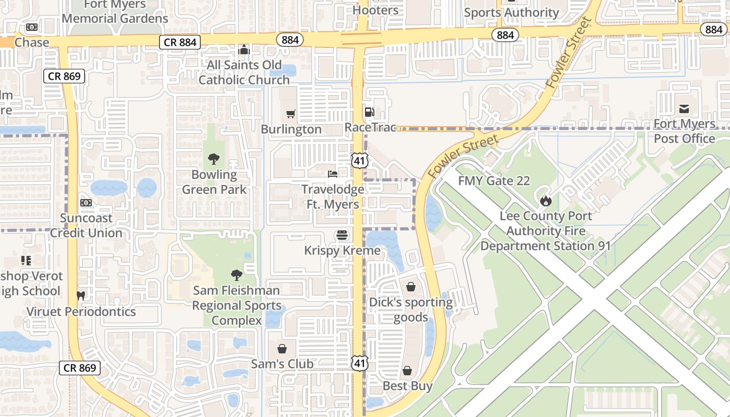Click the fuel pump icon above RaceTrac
pyautogui.click(x=369, y=112)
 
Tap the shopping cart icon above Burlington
pyautogui.click(x=291, y=114)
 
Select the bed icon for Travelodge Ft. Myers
pyautogui.click(x=333, y=174)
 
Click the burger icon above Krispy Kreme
pyautogui.click(x=342, y=235)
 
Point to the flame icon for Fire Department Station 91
pyautogui.click(x=545, y=200)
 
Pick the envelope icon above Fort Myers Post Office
pyautogui.click(x=684, y=108)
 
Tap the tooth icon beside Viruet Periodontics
pyautogui.click(x=80, y=296)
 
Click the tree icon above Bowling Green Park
pyautogui.click(x=213, y=159)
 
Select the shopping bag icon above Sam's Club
pyautogui.click(x=282, y=348)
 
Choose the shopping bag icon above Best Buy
pyautogui.click(x=407, y=371)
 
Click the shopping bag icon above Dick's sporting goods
pyautogui.click(x=411, y=287)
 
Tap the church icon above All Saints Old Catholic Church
pyautogui.click(x=244, y=50)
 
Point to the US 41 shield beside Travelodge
pyautogui.click(x=359, y=161)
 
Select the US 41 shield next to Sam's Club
pyautogui.click(x=359, y=363)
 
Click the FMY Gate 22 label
pyautogui.click(x=494, y=181)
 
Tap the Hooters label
pyautogui.click(x=375, y=10)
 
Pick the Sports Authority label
pyautogui.click(x=511, y=13)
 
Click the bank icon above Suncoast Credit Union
pyautogui.click(x=86, y=202)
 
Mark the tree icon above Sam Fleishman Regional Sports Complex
pyautogui.click(x=236, y=275)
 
